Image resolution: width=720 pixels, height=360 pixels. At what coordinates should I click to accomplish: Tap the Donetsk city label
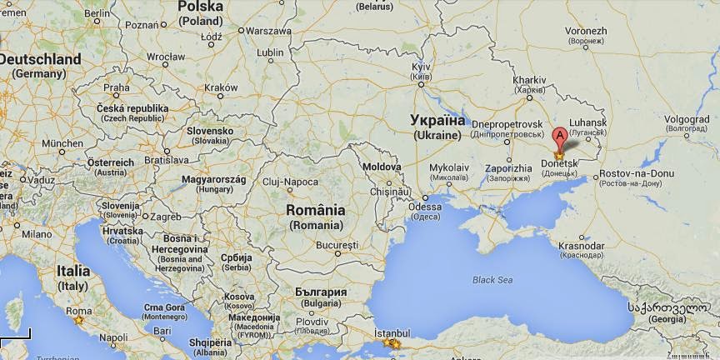tap(559, 162)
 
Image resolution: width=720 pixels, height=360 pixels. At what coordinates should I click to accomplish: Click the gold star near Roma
tap(79, 320)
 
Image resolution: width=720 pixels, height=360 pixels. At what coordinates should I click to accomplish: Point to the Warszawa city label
tap(267, 30)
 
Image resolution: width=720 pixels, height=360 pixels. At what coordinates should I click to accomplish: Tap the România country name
tap(315, 211)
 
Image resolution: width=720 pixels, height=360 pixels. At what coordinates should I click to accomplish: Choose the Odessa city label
tap(425, 207)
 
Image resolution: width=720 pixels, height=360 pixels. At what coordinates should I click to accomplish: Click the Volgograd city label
tap(687, 118)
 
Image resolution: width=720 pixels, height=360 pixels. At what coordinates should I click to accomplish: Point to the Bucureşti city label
tap(337, 245)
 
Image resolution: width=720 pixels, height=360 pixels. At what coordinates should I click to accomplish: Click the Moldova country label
tap(382, 167)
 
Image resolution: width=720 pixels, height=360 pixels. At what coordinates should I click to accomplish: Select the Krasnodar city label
tap(582, 246)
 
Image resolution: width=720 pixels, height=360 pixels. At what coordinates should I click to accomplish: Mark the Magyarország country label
tap(214, 179)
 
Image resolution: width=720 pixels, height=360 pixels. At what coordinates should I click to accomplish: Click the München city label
tap(57, 143)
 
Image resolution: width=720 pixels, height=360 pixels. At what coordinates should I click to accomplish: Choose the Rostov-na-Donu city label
tap(637, 173)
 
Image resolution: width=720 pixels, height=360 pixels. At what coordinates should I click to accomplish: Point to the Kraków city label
tap(221, 87)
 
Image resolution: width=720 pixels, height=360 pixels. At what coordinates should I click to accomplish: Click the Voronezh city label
tap(587, 31)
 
